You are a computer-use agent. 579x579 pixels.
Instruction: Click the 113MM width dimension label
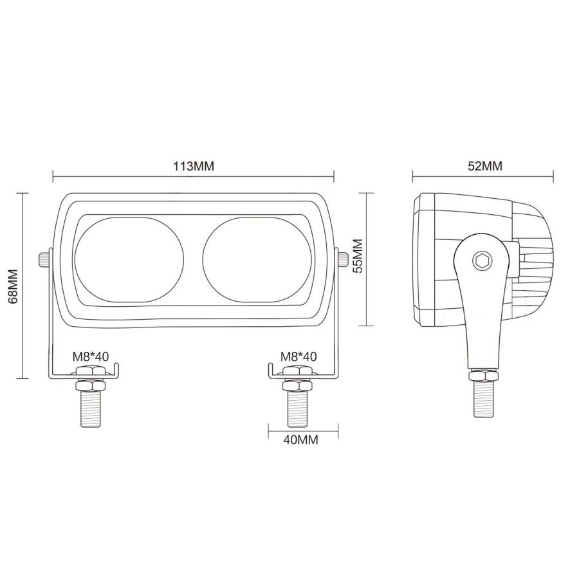193,166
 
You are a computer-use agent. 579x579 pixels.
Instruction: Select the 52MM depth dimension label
484,166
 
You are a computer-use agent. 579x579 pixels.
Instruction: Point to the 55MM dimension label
358,256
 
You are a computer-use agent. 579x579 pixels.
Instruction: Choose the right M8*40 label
299,356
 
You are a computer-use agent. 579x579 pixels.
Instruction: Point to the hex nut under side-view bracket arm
482,375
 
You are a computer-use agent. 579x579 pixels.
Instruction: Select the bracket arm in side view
482,309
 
